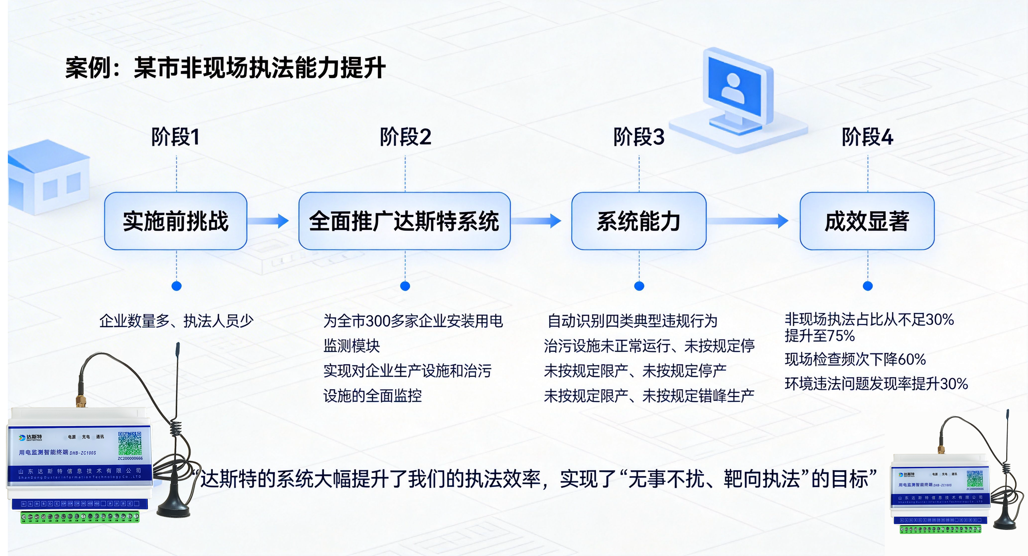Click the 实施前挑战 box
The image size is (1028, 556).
pyautogui.click(x=176, y=221)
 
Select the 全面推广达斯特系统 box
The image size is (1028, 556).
pyautogui.click(x=404, y=221)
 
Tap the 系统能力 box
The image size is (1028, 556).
pyautogui.click(x=639, y=221)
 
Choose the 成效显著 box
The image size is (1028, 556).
pyautogui.click(x=867, y=221)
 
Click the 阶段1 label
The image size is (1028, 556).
pyautogui.click(x=176, y=137)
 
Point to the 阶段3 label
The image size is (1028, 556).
pyautogui.click(x=639, y=137)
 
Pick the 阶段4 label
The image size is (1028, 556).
pyautogui.click(x=867, y=137)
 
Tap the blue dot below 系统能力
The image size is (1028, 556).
pyautogui.click(x=639, y=286)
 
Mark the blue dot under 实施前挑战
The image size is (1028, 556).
pyautogui.click(x=176, y=286)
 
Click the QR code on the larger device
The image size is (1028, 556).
pyautogui.click(x=130, y=443)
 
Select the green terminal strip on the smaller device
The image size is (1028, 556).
pyautogui.click(x=940, y=529)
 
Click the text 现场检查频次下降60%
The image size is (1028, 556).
pyautogui.click(x=855, y=359)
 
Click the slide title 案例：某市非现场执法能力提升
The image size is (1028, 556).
pyautogui.click(x=226, y=68)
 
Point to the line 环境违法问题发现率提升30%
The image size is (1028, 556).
pyautogui.click(x=876, y=384)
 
